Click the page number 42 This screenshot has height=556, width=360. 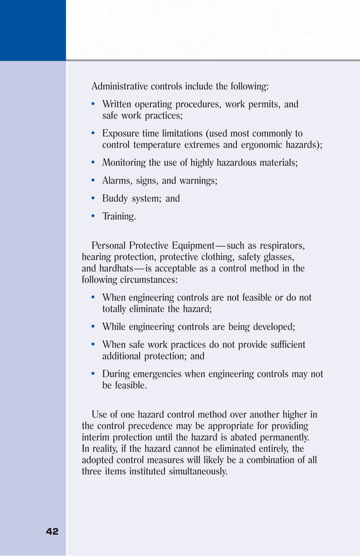[52, 531]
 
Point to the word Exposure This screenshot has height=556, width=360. [122, 134]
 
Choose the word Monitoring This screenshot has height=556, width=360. [124, 163]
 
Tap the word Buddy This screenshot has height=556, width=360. [115, 198]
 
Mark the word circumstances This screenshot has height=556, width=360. [148, 280]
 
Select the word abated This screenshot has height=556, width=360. [242, 438]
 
